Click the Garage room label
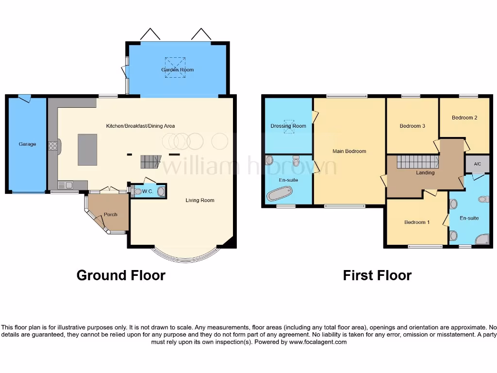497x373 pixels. point(27,144)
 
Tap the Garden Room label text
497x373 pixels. point(177,70)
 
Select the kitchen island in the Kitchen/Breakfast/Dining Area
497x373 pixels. point(87,150)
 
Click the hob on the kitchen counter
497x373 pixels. point(53,146)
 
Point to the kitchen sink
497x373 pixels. point(65,185)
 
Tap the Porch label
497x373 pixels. point(110,214)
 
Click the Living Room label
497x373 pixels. point(199,200)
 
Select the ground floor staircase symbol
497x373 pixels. point(150,162)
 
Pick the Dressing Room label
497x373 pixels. point(288,126)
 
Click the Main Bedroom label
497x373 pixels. point(349,152)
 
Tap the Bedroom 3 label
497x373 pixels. point(412,126)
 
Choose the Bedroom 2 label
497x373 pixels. point(464,118)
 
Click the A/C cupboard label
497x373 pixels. point(477,165)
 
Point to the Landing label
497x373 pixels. point(425,173)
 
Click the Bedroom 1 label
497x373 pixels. point(417,222)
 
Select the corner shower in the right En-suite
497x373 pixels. point(482,239)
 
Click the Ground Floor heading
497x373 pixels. point(121,275)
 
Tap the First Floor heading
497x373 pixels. point(377,275)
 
